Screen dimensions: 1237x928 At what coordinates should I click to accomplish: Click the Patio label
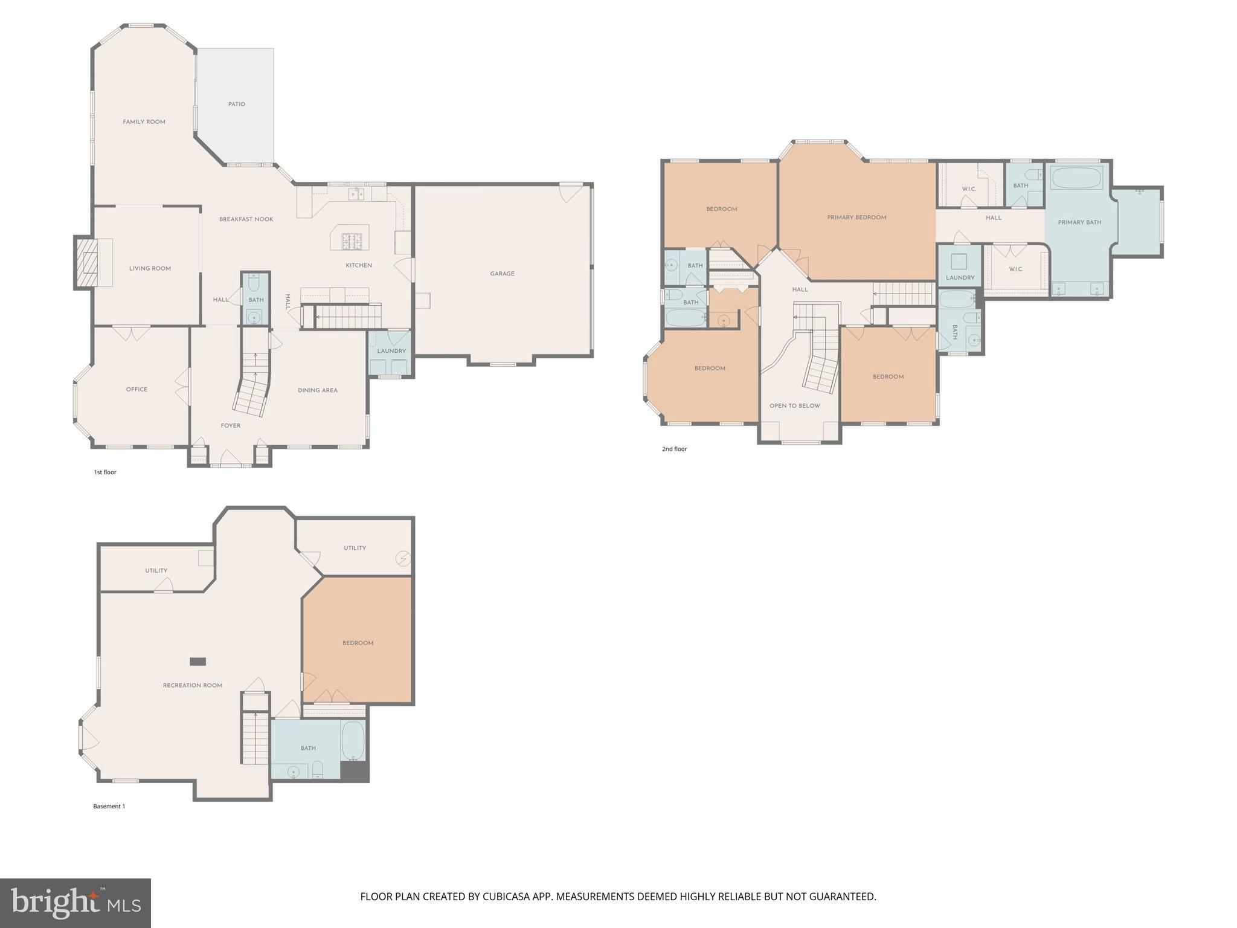coord(237,105)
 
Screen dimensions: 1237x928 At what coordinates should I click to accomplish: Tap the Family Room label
coord(144,122)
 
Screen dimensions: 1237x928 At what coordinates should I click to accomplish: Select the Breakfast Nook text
coord(246,219)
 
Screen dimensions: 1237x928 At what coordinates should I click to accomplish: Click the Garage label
coord(503,274)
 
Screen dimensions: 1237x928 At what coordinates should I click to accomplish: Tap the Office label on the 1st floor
coord(137,390)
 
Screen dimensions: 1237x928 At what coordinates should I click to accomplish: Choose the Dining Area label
coord(318,390)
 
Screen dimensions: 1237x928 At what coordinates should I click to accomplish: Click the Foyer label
coord(231,426)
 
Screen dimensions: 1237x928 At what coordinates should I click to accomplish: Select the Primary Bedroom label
coord(857,217)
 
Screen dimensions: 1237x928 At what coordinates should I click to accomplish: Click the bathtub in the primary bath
coord(1078,178)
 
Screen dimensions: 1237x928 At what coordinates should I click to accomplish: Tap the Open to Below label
coord(795,406)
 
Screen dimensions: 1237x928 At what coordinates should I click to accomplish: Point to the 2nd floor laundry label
coord(960,278)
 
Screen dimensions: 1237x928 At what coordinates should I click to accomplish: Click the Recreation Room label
coord(193,686)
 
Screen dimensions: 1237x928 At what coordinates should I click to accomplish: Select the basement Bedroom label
coord(358,643)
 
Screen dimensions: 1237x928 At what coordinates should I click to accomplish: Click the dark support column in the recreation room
coord(198,662)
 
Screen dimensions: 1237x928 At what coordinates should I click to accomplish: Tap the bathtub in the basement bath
coord(353,740)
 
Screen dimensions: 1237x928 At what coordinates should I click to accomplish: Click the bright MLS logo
coord(76,903)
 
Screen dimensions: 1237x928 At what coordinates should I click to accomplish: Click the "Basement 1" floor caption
coord(109,807)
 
